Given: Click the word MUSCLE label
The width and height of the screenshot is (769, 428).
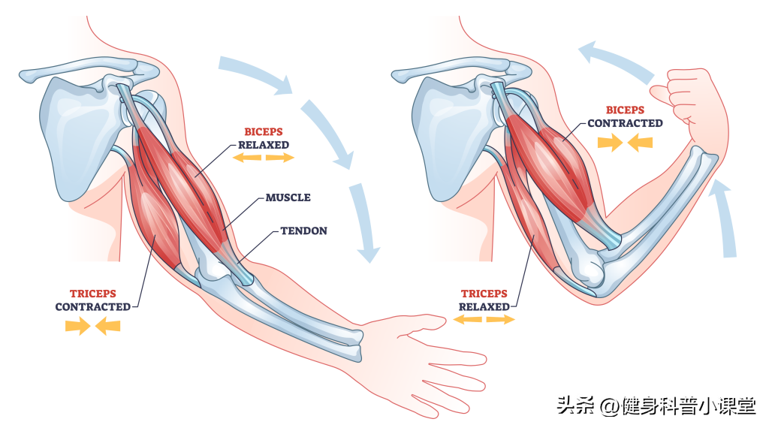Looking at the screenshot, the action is (x=288, y=197).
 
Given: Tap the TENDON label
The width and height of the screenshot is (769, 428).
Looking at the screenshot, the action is (x=303, y=231).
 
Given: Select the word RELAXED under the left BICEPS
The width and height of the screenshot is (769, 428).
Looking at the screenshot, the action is (x=264, y=145).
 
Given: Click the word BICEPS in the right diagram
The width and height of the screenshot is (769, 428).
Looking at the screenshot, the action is (x=625, y=110).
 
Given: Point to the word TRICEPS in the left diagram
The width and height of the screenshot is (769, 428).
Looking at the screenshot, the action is (x=92, y=294).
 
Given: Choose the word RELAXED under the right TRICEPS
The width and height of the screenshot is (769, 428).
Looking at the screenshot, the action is (x=484, y=307).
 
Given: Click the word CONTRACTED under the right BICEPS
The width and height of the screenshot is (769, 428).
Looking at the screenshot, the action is (x=626, y=124).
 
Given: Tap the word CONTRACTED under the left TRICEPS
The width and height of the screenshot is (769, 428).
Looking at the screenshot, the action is (x=92, y=307).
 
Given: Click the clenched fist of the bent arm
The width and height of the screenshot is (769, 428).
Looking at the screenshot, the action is (x=682, y=95).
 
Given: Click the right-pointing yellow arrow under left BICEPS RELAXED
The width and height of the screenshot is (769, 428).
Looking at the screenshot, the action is (x=280, y=158).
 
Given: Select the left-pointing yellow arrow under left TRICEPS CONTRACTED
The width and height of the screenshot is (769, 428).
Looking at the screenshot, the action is (x=107, y=326).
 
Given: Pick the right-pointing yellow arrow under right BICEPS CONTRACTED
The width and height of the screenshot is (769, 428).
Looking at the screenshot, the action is (x=610, y=143).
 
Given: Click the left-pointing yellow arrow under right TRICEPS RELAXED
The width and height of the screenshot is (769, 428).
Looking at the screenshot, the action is (x=467, y=320).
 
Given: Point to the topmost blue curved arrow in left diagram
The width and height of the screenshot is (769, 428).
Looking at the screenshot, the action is (x=255, y=74).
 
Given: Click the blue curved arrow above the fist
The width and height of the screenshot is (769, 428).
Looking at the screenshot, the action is (x=617, y=61).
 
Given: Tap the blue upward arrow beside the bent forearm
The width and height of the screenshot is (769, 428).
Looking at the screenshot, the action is (x=725, y=219).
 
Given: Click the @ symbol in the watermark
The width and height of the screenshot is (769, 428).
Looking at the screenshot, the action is (x=609, y=406).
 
